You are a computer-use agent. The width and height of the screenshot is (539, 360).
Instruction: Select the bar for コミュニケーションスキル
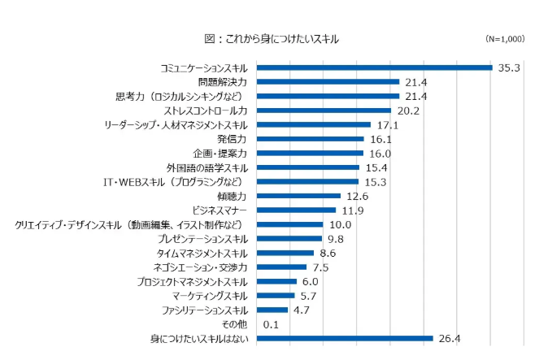[375, 67]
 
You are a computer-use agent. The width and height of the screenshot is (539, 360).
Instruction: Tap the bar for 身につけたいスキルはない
[345, 338]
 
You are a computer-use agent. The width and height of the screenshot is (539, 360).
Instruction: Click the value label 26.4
[448, 338]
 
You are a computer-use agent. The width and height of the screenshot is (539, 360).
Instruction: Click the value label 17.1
[387, 125]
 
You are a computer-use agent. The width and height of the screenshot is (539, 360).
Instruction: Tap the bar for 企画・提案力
[310, 154]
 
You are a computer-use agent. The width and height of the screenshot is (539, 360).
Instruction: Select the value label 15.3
[376, 181]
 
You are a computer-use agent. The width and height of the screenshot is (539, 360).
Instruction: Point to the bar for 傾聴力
[298, 196]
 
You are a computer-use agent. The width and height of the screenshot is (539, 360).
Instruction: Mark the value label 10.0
[340, 224]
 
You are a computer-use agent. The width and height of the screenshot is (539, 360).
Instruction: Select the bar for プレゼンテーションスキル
[289, 239]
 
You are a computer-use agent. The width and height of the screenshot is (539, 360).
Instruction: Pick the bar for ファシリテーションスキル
[272, 310]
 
